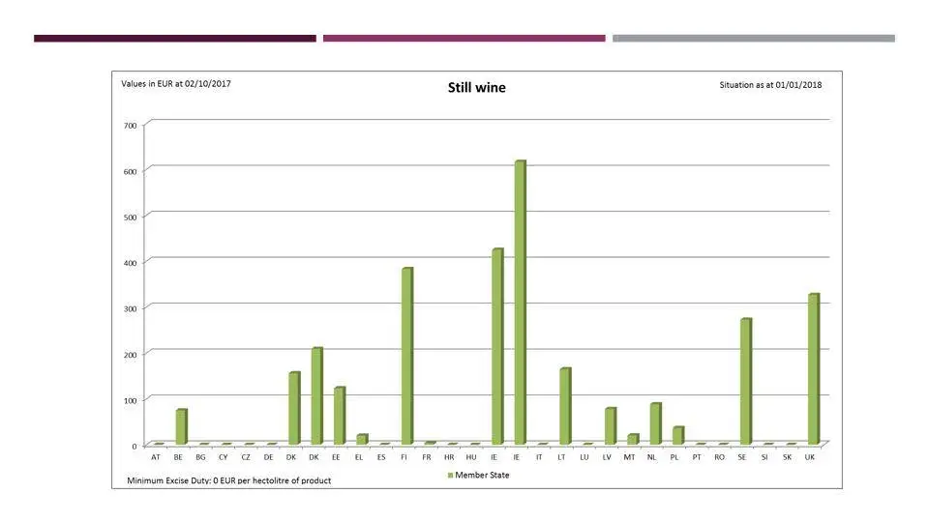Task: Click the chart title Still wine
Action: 476,88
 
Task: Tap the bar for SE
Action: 745,381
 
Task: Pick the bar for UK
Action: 813,368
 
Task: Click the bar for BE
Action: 181,426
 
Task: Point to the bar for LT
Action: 564,406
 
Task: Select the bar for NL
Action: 655,423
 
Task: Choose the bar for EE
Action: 339,415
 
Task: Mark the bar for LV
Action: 610,425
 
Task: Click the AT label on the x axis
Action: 156,456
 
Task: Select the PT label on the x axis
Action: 697,456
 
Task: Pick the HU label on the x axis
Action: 471,456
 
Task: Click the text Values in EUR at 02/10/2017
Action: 175,84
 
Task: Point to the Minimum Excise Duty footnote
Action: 228,480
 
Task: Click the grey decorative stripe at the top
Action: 753,39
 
